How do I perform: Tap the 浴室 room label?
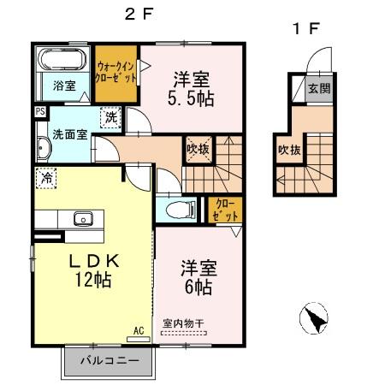coord(64,86)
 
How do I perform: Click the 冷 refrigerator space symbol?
coord(45,178)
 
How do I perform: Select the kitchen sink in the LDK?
coord(83,216)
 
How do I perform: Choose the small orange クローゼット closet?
coord(226,210)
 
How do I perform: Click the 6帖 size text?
coord(196,287)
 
